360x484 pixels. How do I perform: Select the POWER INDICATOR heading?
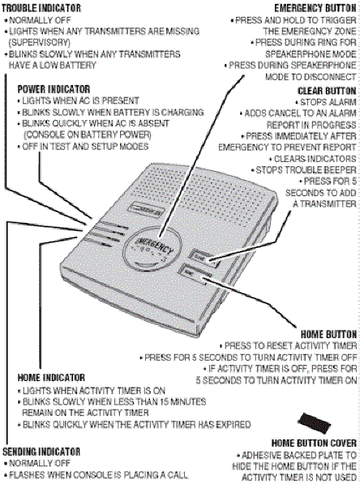(x=54, y=88)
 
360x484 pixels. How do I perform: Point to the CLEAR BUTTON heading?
(x=325, y=90)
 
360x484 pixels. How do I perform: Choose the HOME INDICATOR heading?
(x=50, y=377)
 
